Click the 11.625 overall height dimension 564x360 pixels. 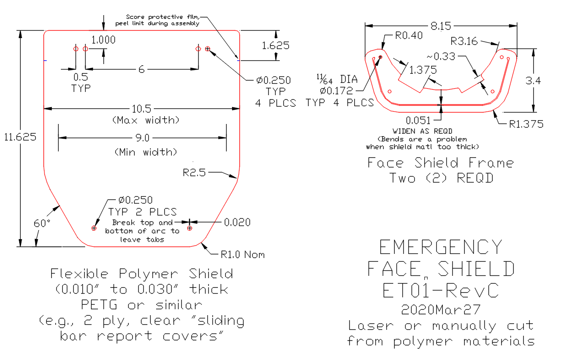19,137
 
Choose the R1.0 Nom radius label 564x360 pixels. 243,254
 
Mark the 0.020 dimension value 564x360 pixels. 238,222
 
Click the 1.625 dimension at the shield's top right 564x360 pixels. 276,45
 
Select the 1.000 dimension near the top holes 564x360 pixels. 103,40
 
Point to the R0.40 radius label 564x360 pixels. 407,36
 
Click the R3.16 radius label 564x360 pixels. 464,42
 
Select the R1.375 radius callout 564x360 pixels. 526,124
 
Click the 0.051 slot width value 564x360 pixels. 418,120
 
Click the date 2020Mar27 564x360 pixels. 441,310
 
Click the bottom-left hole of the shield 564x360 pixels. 94,228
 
